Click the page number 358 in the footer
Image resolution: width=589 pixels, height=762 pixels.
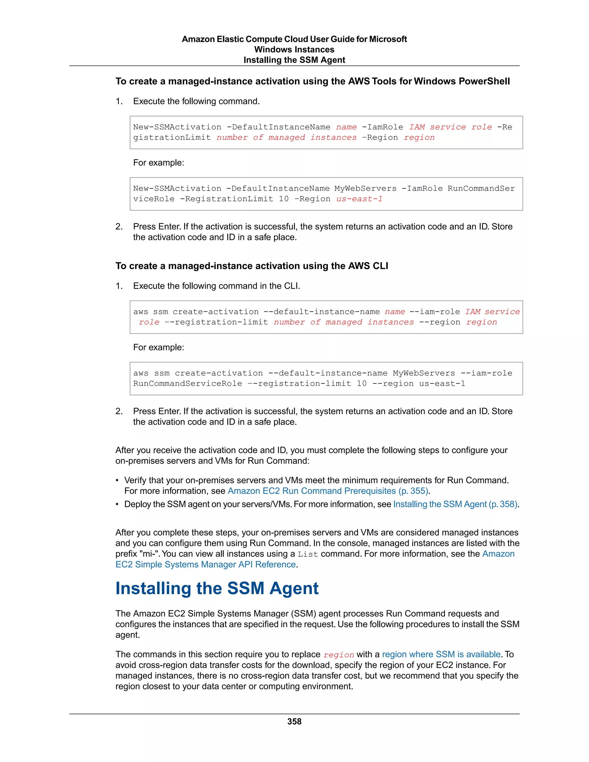coord(294,721)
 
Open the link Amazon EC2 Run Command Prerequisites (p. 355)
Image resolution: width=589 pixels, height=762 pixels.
coord(328,491)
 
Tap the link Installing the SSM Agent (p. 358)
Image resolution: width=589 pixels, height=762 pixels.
coord(455,504)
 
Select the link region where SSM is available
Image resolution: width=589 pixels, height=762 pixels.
coord(441,654)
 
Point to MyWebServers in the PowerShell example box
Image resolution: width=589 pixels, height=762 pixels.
coord(365,188)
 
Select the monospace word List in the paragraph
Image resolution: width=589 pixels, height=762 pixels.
coord(308,554)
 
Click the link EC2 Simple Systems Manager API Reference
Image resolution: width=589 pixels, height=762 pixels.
coord(206,564)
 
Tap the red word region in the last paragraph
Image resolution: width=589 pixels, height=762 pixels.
coord(339,655)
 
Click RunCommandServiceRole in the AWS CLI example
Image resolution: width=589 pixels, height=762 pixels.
coord(188,383)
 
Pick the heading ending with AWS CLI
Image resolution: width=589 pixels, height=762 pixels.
coord(252,266)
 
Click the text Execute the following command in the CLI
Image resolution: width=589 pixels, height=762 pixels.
coord(216,286)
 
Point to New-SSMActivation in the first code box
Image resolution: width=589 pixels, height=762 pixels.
coord(177,127)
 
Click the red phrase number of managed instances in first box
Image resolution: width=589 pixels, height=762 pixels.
coord(286,137)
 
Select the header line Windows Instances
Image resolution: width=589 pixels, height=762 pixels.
coord(294,49)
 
